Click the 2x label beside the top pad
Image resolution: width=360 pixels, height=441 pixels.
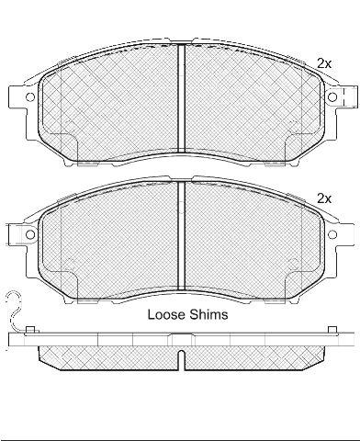click(324, 63)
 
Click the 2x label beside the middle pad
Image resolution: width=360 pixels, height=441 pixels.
click(324, 199)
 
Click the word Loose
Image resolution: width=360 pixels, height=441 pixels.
click(166, 314)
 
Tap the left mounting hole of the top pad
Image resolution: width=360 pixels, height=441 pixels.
click(30, 97)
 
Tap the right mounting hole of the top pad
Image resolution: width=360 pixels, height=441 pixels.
click(332, 97)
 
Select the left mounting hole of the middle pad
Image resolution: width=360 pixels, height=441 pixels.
click(30, 234)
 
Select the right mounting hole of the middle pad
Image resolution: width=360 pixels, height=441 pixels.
click(332, 234)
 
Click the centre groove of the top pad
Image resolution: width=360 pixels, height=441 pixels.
click(182, 98)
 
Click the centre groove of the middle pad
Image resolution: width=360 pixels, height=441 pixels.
click(182, 236)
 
